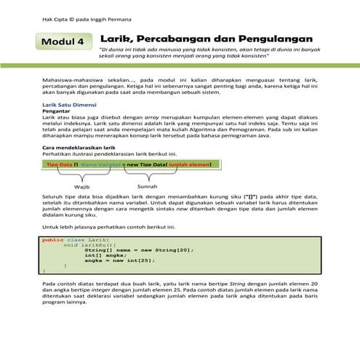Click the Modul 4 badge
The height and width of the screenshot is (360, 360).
pos(63,42)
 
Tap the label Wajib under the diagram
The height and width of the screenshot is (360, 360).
pos(81,187)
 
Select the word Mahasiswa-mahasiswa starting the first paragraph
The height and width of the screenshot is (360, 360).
pos(73,76)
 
